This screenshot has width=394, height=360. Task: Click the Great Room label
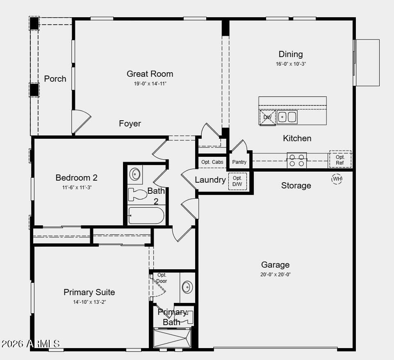[150, 74]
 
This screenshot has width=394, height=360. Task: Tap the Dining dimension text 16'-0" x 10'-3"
[291, 64]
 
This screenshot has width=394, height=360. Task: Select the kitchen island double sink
[287, 117]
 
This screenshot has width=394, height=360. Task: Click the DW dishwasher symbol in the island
[267, 117]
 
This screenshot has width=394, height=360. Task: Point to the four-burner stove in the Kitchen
[297, 161]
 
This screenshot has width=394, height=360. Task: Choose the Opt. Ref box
[340, 160]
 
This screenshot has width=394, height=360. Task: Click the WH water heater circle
[337, 179]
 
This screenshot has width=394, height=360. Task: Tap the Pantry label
[239, 162]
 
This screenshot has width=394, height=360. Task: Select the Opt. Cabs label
[212, 162]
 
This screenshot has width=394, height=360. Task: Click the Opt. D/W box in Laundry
[237, 181]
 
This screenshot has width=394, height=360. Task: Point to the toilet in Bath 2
[137, 194]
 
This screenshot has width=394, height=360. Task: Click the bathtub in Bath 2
[146, 216]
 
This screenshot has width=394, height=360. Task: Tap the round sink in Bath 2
[135, 174]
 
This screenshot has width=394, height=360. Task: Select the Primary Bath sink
[187, 287]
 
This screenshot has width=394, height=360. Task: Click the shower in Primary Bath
[172, 338]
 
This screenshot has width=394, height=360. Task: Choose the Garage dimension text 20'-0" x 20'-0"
[276, 275]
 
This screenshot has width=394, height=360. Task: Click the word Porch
[55, 79]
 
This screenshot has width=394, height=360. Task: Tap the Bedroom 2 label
[76, 178]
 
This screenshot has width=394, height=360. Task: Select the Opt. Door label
[162, 278]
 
